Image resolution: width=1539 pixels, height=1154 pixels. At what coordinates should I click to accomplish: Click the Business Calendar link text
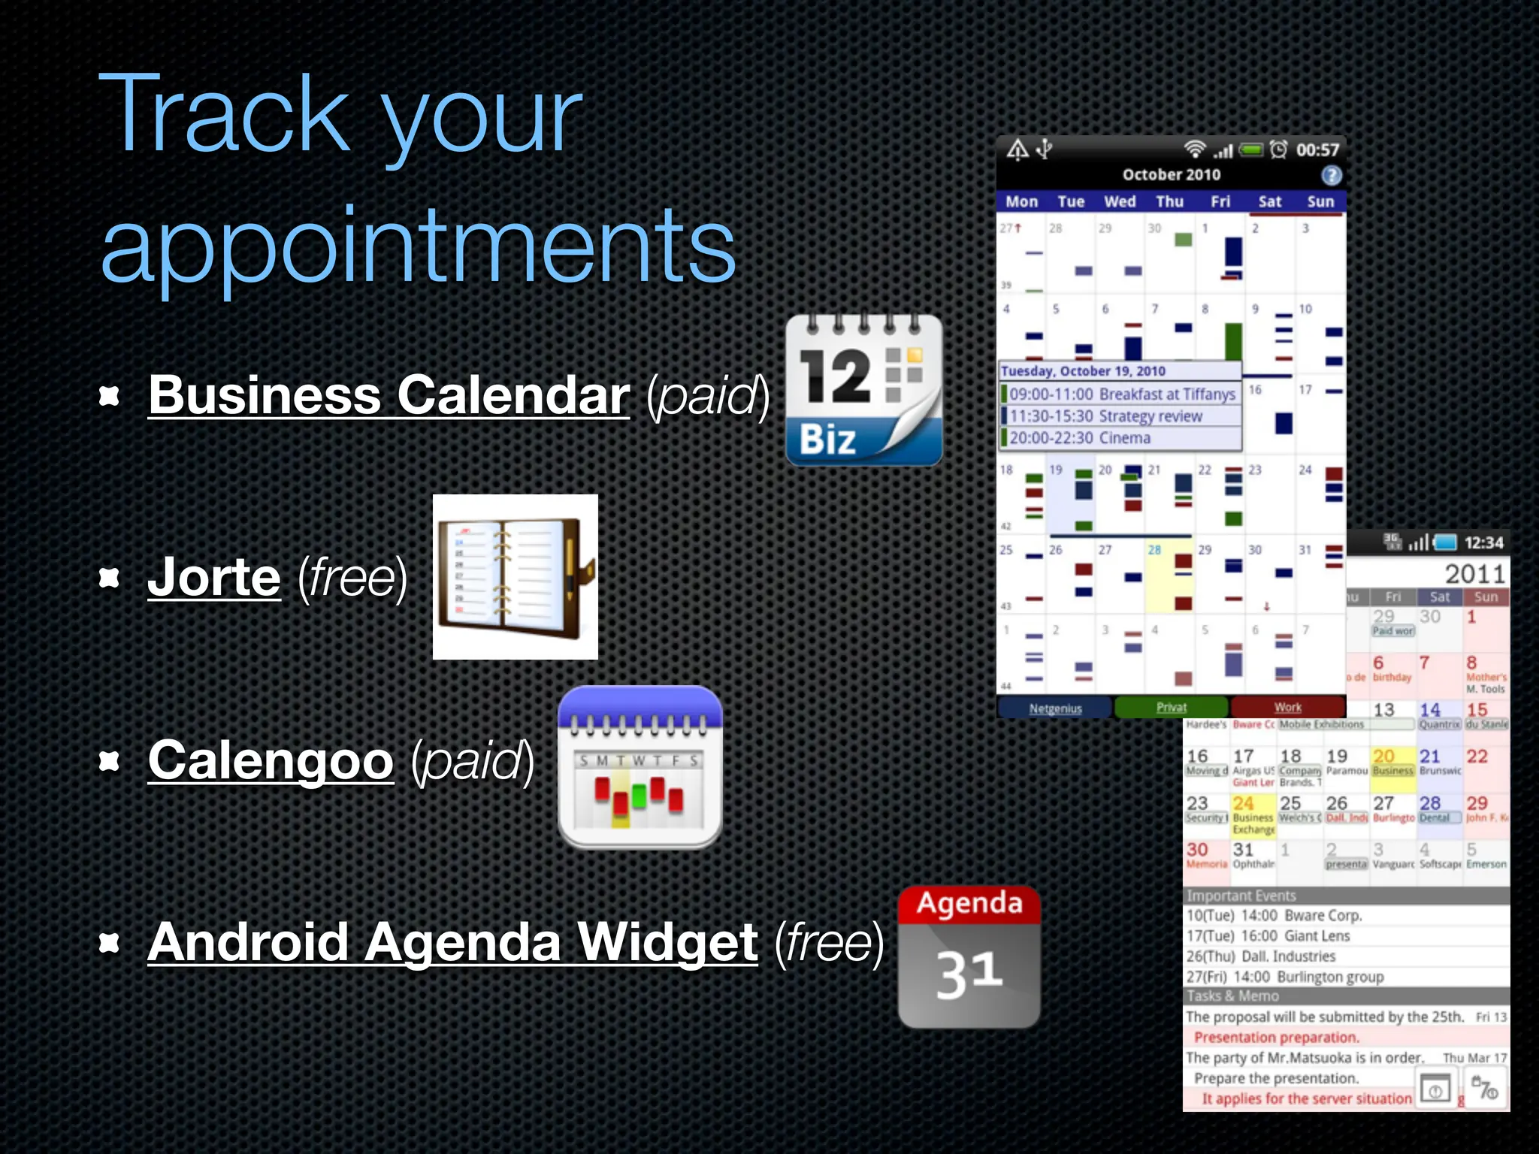[389, 395]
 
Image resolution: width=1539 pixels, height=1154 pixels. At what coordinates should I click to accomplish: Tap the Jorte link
[214, 577]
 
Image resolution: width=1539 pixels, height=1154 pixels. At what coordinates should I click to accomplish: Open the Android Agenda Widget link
[452, 942]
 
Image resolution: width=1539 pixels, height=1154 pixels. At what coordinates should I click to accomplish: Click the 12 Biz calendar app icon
[863, 391]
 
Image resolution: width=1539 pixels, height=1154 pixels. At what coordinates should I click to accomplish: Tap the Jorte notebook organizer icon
[516, 577]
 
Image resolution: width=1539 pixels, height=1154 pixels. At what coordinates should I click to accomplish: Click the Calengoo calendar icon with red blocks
[639, 768]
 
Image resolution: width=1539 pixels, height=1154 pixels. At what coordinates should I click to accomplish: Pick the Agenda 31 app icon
[969, 956]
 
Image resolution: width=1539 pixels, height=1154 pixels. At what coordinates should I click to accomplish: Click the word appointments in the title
[418, 246]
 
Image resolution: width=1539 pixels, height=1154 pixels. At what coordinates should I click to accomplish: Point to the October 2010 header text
[1171, 174]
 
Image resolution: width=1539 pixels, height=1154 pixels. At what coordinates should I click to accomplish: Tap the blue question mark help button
[1331, 175]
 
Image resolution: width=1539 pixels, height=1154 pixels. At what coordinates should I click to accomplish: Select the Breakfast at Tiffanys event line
[1120, 394]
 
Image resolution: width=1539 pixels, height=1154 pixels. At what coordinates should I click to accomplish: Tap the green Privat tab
[1171, 707]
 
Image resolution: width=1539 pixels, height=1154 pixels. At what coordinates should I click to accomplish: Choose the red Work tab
[1287, 707]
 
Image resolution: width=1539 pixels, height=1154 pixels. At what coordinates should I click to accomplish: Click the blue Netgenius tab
[1055, 708]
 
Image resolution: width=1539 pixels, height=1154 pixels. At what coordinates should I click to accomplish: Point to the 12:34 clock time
[1483, 542]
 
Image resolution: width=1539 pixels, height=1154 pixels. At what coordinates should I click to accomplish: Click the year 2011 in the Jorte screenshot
[1474, 574]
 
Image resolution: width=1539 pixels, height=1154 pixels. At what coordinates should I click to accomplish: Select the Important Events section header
[1241, 896]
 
